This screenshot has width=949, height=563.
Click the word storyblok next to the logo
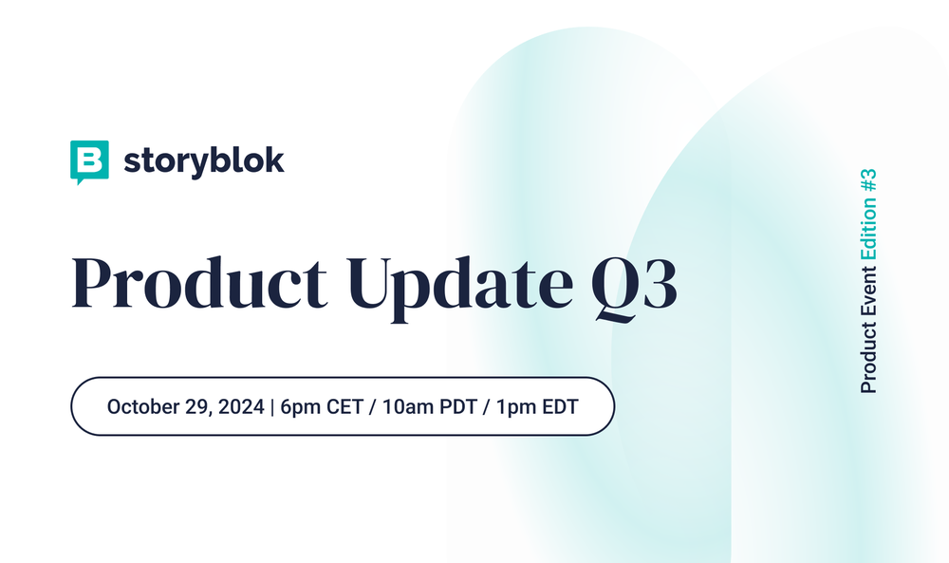(x=203, y=160)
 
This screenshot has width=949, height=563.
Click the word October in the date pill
(x=141, y=406)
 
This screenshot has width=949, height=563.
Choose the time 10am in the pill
(x=411, y=406)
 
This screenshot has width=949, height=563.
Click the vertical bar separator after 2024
(x=272, y=406)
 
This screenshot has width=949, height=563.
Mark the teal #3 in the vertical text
(x=868, y=182)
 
